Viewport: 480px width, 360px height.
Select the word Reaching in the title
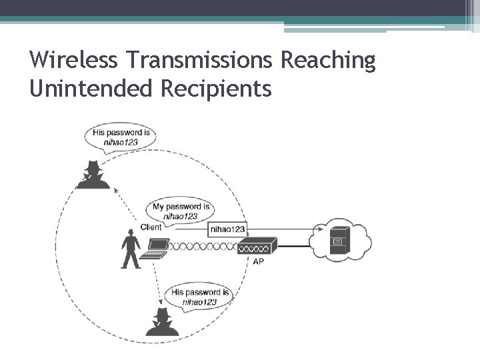pyautogui.click(x=329, y=61)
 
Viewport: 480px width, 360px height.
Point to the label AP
pyautogui.click(x=259, y=262)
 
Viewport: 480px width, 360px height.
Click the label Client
pyautogui.click(x=151, y=227)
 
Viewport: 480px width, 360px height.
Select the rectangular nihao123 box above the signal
pyautogui.click(x=227, y=229)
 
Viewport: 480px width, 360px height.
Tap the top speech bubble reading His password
pyautogui.click(x=121, y=137)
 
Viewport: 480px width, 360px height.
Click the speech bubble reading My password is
pyautogui.click(x=181, y=211)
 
